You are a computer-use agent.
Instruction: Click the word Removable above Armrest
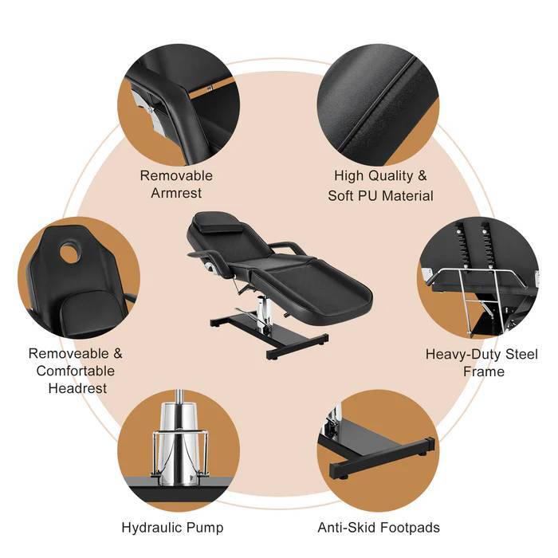(176, 175)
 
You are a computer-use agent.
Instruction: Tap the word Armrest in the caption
(176, 193)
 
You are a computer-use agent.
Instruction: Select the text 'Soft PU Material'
(381, 195)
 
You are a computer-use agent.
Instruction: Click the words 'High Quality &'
(381, 176)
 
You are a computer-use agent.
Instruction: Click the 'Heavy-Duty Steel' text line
(481, 354)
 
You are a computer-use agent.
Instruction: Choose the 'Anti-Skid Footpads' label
(379, 527)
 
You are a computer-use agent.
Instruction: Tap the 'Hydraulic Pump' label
(172, 527)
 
